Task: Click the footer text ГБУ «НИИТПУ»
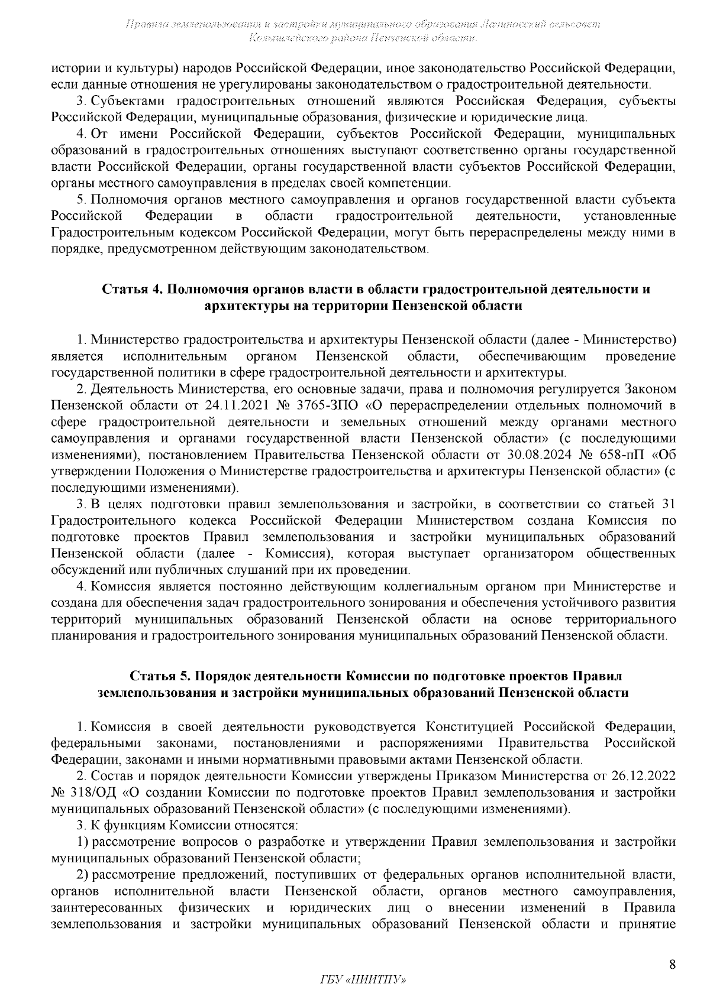pos(362,980)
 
